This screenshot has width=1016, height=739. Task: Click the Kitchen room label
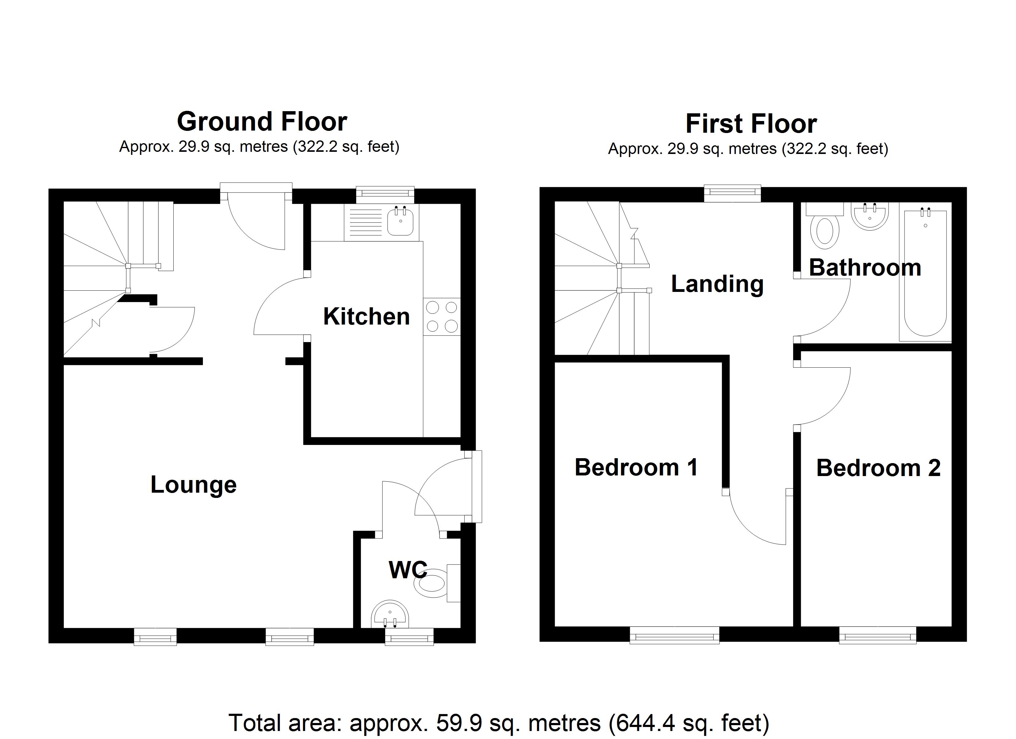[366, 317]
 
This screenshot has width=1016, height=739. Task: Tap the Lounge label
[194, 485]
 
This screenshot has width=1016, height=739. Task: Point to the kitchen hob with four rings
[442, 317]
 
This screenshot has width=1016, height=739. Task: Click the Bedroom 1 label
[636, 468]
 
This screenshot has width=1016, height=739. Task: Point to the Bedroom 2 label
[878, 468]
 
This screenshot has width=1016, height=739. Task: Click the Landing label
[717, 284]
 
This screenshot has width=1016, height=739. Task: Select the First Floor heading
[751, 124]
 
